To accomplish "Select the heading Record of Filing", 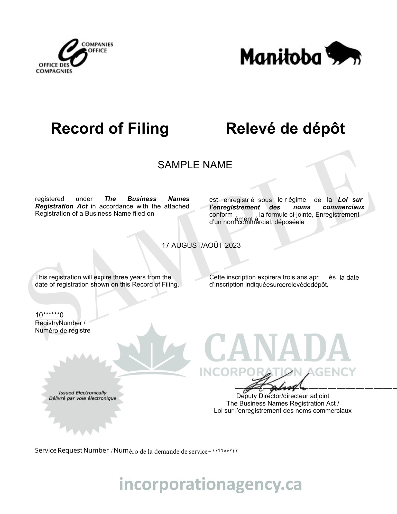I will [x=110, y=128].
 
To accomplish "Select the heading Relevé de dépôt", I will [x=285, y=128].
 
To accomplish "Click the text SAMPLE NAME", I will [x=195, y=165].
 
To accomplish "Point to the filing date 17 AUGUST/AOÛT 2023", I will [x=201, y=245].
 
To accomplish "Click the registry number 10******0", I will [x=49, y=315].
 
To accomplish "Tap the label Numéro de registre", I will [x=63, y=331].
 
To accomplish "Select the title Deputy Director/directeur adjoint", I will [x=282, y=396].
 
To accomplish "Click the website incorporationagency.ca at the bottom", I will [x=210, y=484].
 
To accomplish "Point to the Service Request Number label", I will [x=72, y=450].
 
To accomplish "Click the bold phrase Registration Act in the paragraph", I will [x=61, y=206].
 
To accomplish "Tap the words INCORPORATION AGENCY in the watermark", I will [x=278, y=372].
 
